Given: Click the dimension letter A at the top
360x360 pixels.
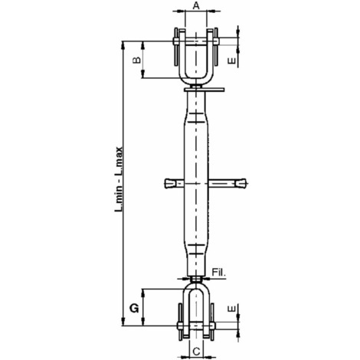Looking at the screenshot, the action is tap(196, 5).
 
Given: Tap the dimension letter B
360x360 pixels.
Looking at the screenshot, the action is tap(137, 60).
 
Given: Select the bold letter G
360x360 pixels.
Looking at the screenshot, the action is tap(134, 309).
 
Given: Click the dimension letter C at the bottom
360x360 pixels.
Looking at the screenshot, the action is tap(196, 352).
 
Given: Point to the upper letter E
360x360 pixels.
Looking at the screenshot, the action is tap(231, 61).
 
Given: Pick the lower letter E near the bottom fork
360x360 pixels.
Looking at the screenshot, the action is tap(231, 309).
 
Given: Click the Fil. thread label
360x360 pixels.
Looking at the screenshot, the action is tap(219, 273).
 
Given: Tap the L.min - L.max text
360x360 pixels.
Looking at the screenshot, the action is tap(119, 179).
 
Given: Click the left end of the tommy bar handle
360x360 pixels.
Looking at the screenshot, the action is tap(165, 183).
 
